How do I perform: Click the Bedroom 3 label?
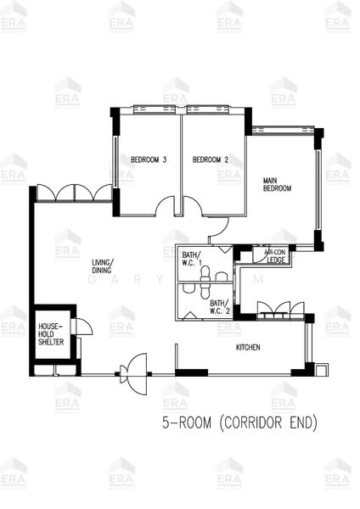(148, 159)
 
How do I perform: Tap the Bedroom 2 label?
(210, 159)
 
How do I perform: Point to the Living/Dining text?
(102, 267)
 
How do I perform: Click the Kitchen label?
(248, 349)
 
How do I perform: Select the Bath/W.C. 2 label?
(218, 307)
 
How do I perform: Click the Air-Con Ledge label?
(276, 257)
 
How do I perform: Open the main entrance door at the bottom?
(133, 369)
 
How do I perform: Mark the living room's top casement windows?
(74, 193)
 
